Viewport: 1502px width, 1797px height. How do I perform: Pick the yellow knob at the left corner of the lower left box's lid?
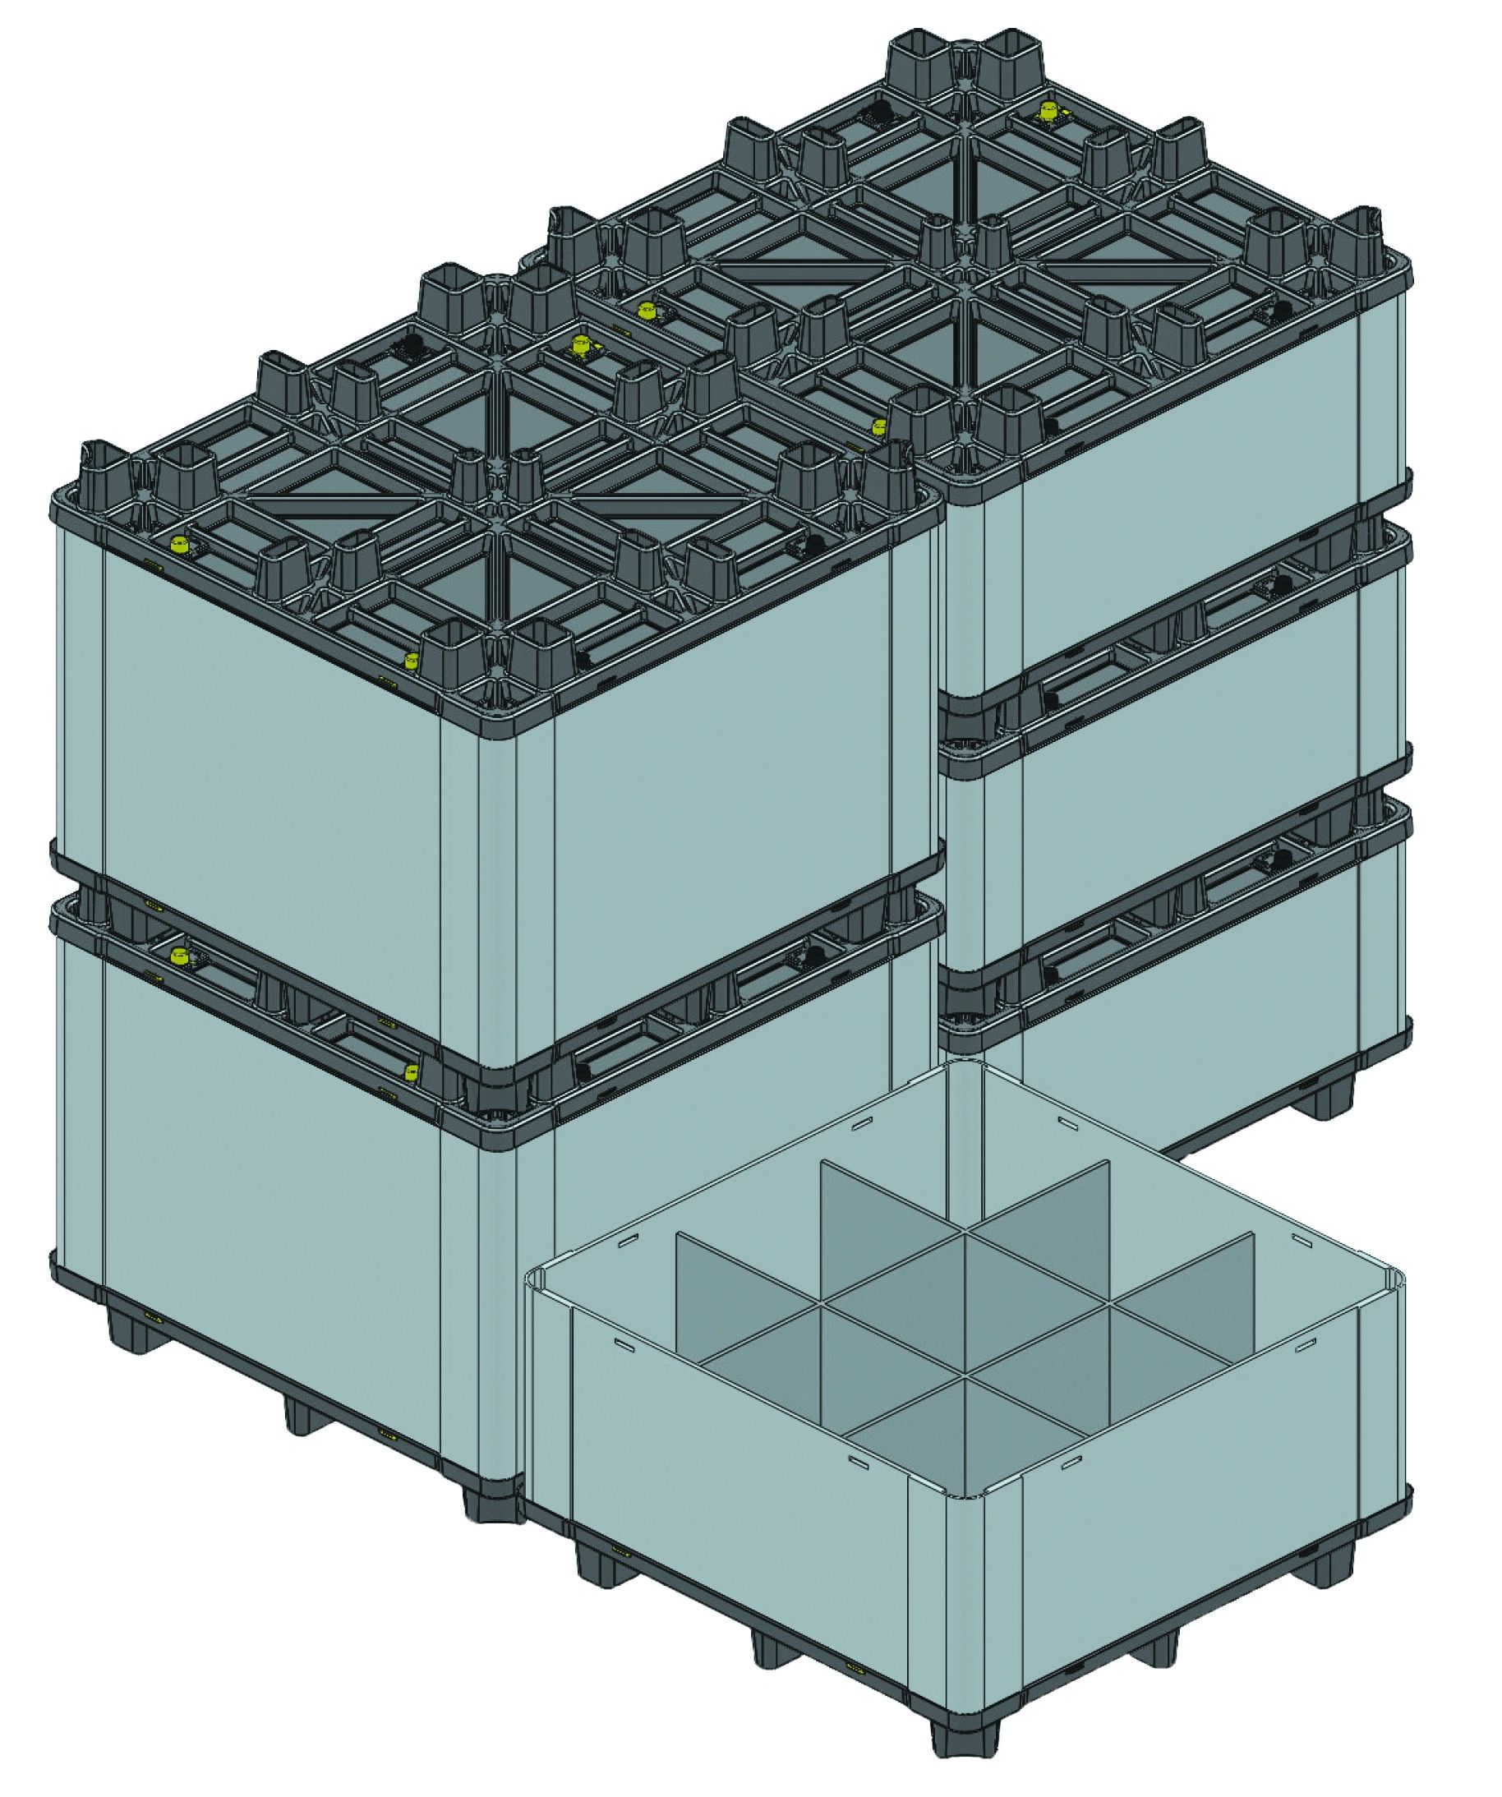179,956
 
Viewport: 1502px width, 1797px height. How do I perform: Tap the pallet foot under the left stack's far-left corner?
126,1343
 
